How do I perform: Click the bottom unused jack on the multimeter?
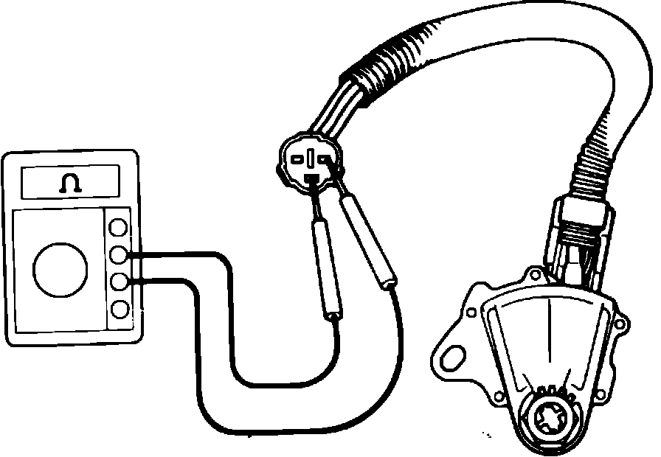(118, 308)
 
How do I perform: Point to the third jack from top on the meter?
(118, 282)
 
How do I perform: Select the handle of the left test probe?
(325, 269)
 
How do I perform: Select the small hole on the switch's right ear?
(621, 322)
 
